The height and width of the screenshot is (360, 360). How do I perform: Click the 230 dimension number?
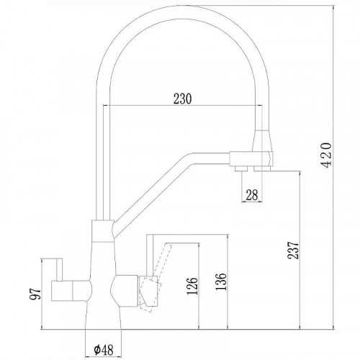(182, 99)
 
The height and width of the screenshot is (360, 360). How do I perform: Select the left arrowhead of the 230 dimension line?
(108, 107)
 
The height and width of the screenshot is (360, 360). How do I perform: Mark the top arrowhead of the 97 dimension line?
(45, 260)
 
